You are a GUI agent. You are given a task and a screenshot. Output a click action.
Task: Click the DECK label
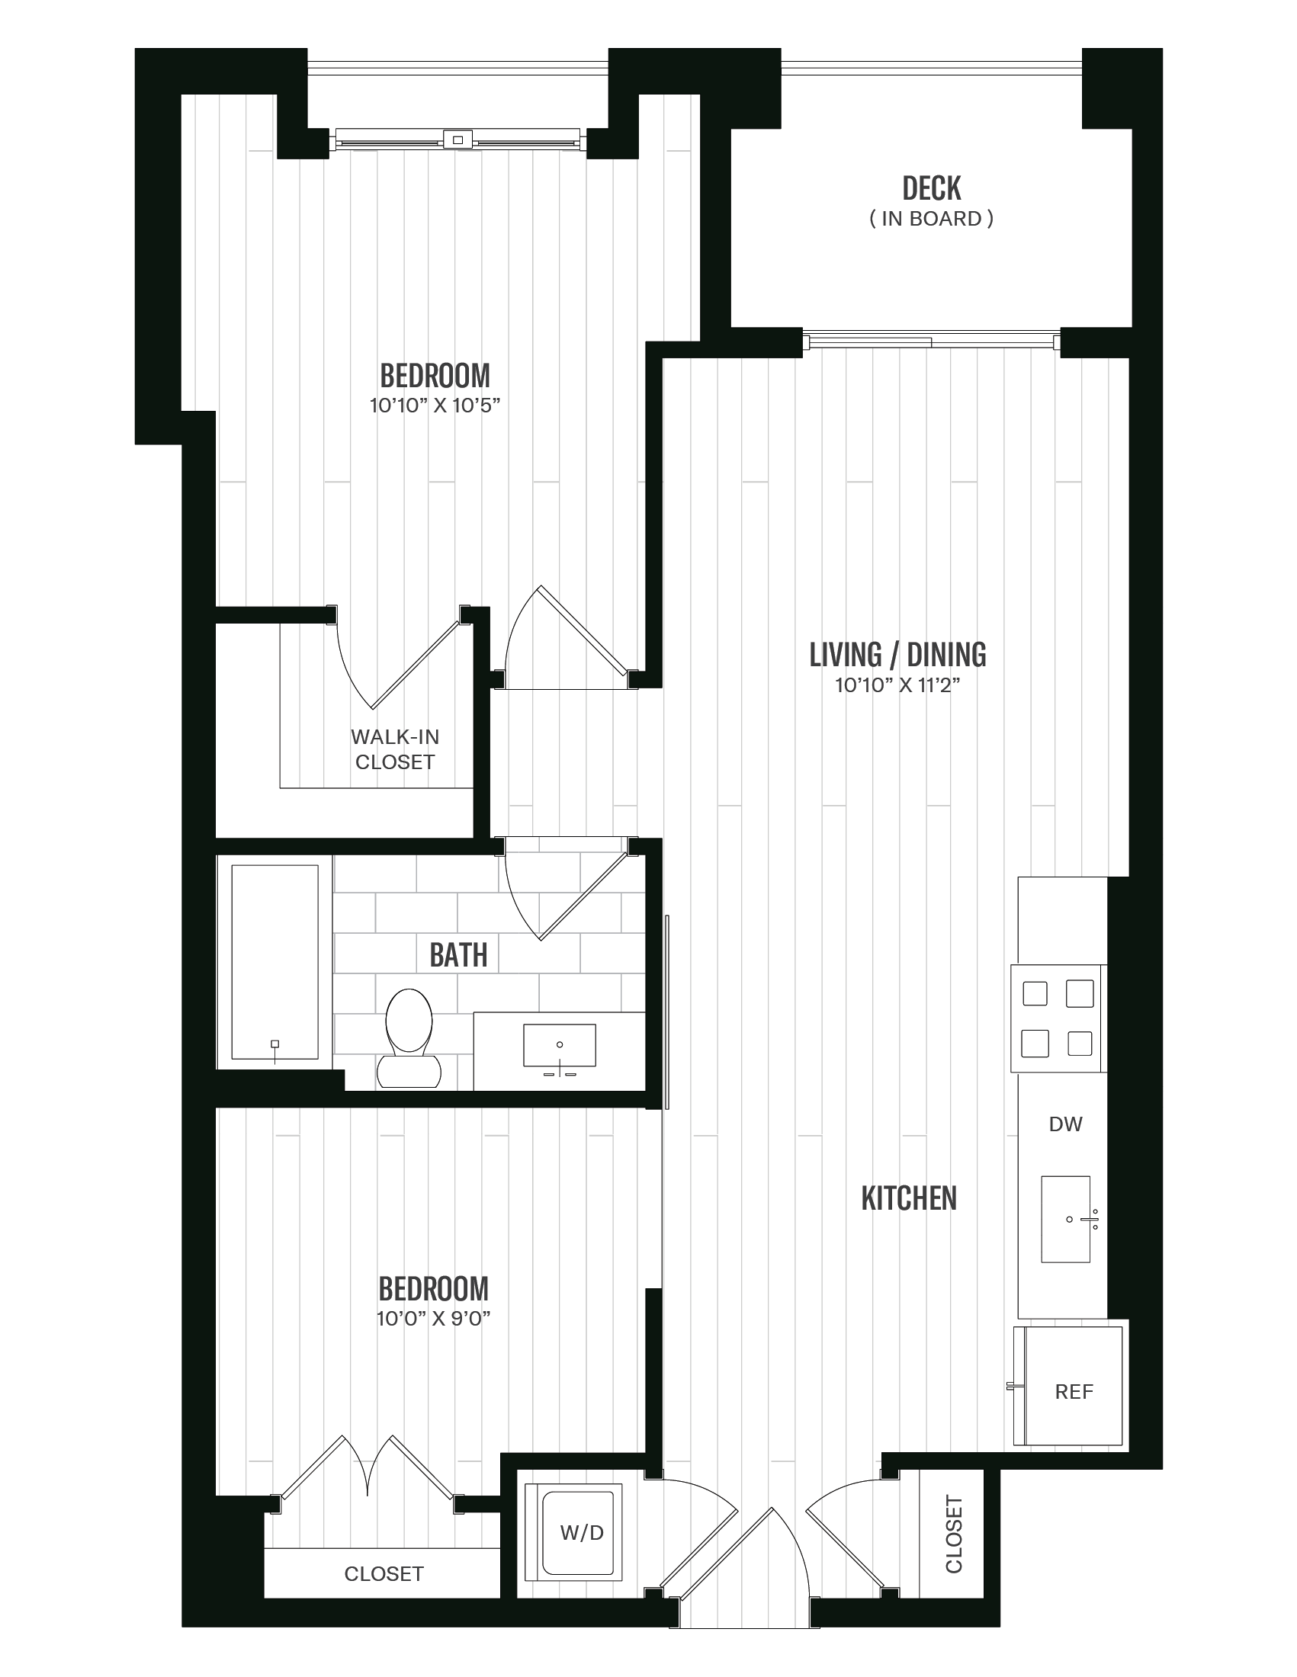(931, 188)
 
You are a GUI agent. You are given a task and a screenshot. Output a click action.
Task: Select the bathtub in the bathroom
(275, 961)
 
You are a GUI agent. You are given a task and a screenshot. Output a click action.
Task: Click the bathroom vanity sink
(559, 1045)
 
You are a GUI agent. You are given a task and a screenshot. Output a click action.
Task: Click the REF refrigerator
(1073, 1390)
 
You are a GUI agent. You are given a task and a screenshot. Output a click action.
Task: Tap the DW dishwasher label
(1065, 1124)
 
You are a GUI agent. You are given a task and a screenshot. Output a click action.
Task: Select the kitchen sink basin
(1064, 1219)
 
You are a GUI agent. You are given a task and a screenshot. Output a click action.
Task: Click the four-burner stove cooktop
(1058, 1018)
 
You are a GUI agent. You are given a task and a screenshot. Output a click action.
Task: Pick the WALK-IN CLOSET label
(395, 749)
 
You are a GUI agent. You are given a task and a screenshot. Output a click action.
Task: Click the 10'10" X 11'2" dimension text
(897, 685)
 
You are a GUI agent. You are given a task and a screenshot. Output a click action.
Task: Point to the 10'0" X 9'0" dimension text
(433, 1319)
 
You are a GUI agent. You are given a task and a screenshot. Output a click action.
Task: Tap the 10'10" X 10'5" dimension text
(435, 406)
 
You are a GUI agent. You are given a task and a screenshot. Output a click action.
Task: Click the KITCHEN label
(908, 1198)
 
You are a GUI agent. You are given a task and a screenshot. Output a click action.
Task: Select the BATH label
(458, 955)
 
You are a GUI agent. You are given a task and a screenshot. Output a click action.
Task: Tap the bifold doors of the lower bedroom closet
(367, 1467)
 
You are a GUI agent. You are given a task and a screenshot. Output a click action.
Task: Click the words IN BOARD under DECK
(931, 219)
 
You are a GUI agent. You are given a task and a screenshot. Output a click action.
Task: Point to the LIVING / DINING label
(897, 654)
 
